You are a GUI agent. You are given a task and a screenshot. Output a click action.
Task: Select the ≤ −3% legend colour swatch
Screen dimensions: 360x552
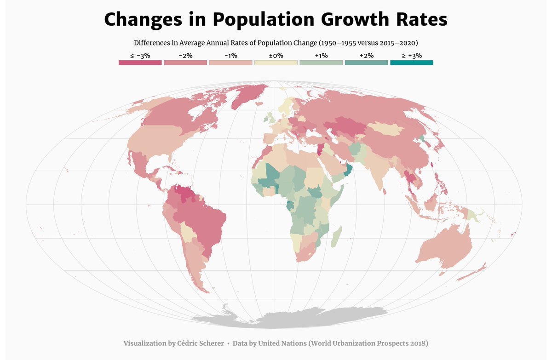pos(140,63)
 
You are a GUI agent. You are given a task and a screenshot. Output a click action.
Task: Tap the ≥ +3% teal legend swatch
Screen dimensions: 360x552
pos(411,63)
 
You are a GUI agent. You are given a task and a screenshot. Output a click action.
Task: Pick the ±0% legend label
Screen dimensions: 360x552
pos(276,55)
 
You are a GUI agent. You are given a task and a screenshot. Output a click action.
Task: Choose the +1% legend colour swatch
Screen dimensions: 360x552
pos(321,63)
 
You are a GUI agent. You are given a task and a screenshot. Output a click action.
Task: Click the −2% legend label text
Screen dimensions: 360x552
pos(185,55)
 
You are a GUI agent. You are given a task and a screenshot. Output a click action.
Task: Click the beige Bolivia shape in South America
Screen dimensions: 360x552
pos(188,232)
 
